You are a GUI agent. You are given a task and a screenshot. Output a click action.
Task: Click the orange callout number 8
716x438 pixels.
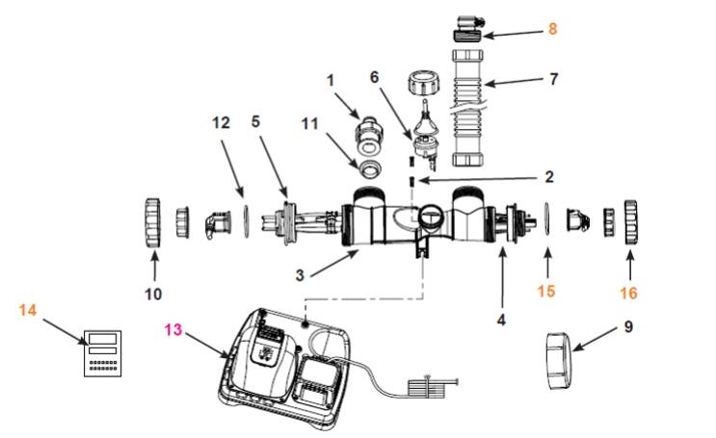pos(552,29)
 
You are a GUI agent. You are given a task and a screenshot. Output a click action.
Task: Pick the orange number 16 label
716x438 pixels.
pos(629,288)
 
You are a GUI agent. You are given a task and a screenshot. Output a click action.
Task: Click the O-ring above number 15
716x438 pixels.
pos(547,221)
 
